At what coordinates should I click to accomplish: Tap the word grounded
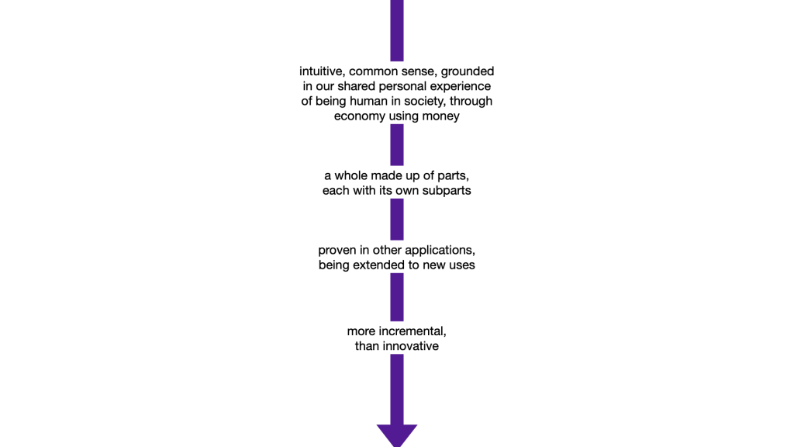[x=468, y=71]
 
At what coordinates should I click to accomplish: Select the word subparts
[x=444, y=190]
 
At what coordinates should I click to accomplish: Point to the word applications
[x=438, y=250]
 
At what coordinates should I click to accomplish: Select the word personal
[x=400, y=86]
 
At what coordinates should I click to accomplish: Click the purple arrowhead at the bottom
[x=397, y=434]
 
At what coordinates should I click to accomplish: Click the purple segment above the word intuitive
[x=397, y=29]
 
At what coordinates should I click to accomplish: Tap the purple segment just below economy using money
[x=397, y=144]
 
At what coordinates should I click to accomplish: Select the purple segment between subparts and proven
[x=397, y=219]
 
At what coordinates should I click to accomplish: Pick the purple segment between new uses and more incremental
[x=397, y=296]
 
